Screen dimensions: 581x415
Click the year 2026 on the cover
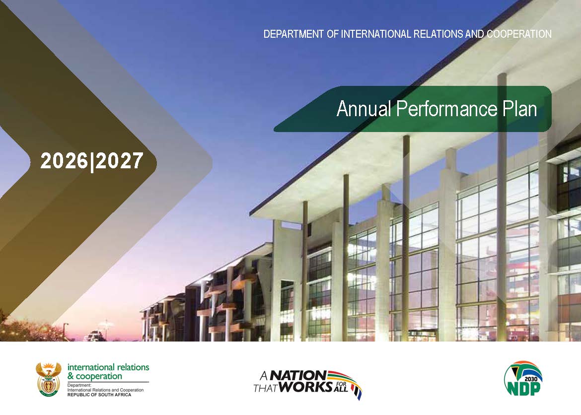64,161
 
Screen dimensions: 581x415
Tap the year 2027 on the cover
119,161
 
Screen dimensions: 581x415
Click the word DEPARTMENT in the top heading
293,34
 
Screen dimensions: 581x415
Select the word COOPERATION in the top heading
519,34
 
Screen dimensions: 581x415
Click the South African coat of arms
49,379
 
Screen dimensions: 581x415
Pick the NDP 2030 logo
523,378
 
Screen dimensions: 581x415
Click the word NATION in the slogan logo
298,376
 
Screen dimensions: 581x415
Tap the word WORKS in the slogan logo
305,387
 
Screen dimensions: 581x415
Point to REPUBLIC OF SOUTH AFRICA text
99,395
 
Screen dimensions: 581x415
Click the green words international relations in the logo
108,367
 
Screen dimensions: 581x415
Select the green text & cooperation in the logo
94,376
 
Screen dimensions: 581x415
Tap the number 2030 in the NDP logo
531,379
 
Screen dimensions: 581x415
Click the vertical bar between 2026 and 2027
91,161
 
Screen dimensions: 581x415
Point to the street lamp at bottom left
65,331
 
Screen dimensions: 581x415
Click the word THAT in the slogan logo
265,388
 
